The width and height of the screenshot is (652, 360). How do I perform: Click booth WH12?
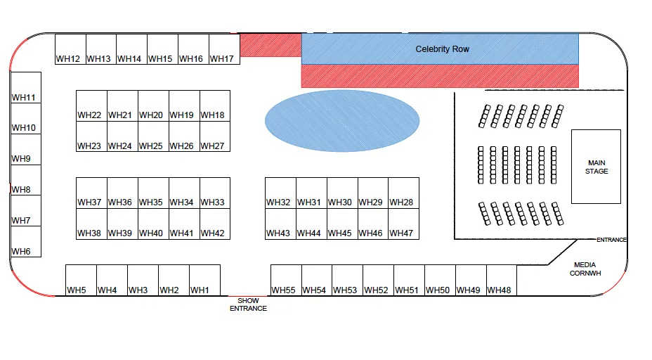pos(70,49)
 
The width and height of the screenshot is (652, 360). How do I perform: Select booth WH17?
pos(225,49)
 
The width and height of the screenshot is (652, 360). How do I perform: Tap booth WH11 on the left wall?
pos(26,87)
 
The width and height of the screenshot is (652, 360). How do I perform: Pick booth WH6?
pos(26,242)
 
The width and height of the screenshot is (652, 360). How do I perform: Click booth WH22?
pos(91,105)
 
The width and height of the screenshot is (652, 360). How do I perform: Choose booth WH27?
pos(215,136)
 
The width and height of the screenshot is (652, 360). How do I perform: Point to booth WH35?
pos(153,193)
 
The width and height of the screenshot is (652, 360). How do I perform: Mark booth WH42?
pos(215,224)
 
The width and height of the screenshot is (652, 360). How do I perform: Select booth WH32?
pos(280,193)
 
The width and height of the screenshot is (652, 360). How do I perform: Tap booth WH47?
pos(404,224)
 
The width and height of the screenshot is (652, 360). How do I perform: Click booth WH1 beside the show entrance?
pos(204,280)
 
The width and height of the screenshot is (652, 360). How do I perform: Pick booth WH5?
pos(81,280)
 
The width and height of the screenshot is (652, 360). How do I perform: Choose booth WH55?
pos(286,280)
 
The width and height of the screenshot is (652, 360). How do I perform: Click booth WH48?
pos(502,280)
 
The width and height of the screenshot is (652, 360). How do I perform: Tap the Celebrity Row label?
pos(443,49)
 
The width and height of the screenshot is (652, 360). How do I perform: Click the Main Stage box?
pos(596,167)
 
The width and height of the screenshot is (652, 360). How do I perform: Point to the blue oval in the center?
pos(342,121)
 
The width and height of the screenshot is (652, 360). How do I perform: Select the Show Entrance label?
pos(248,304)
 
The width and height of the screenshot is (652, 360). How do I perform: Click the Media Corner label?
pos(585,269)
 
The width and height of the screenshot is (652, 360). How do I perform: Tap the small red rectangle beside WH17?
pos(270,45)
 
